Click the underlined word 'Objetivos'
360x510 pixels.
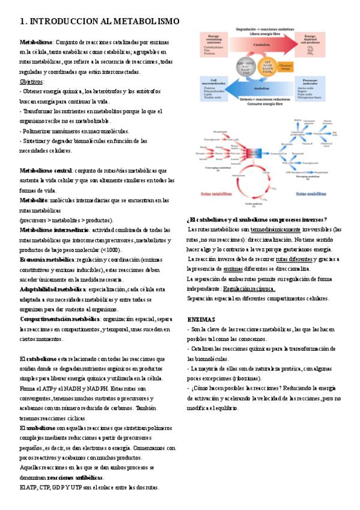(32, 82)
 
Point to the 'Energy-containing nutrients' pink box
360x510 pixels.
(215, 42)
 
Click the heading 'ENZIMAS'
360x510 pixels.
(202, 319)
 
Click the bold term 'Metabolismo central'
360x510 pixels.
(46, 170)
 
